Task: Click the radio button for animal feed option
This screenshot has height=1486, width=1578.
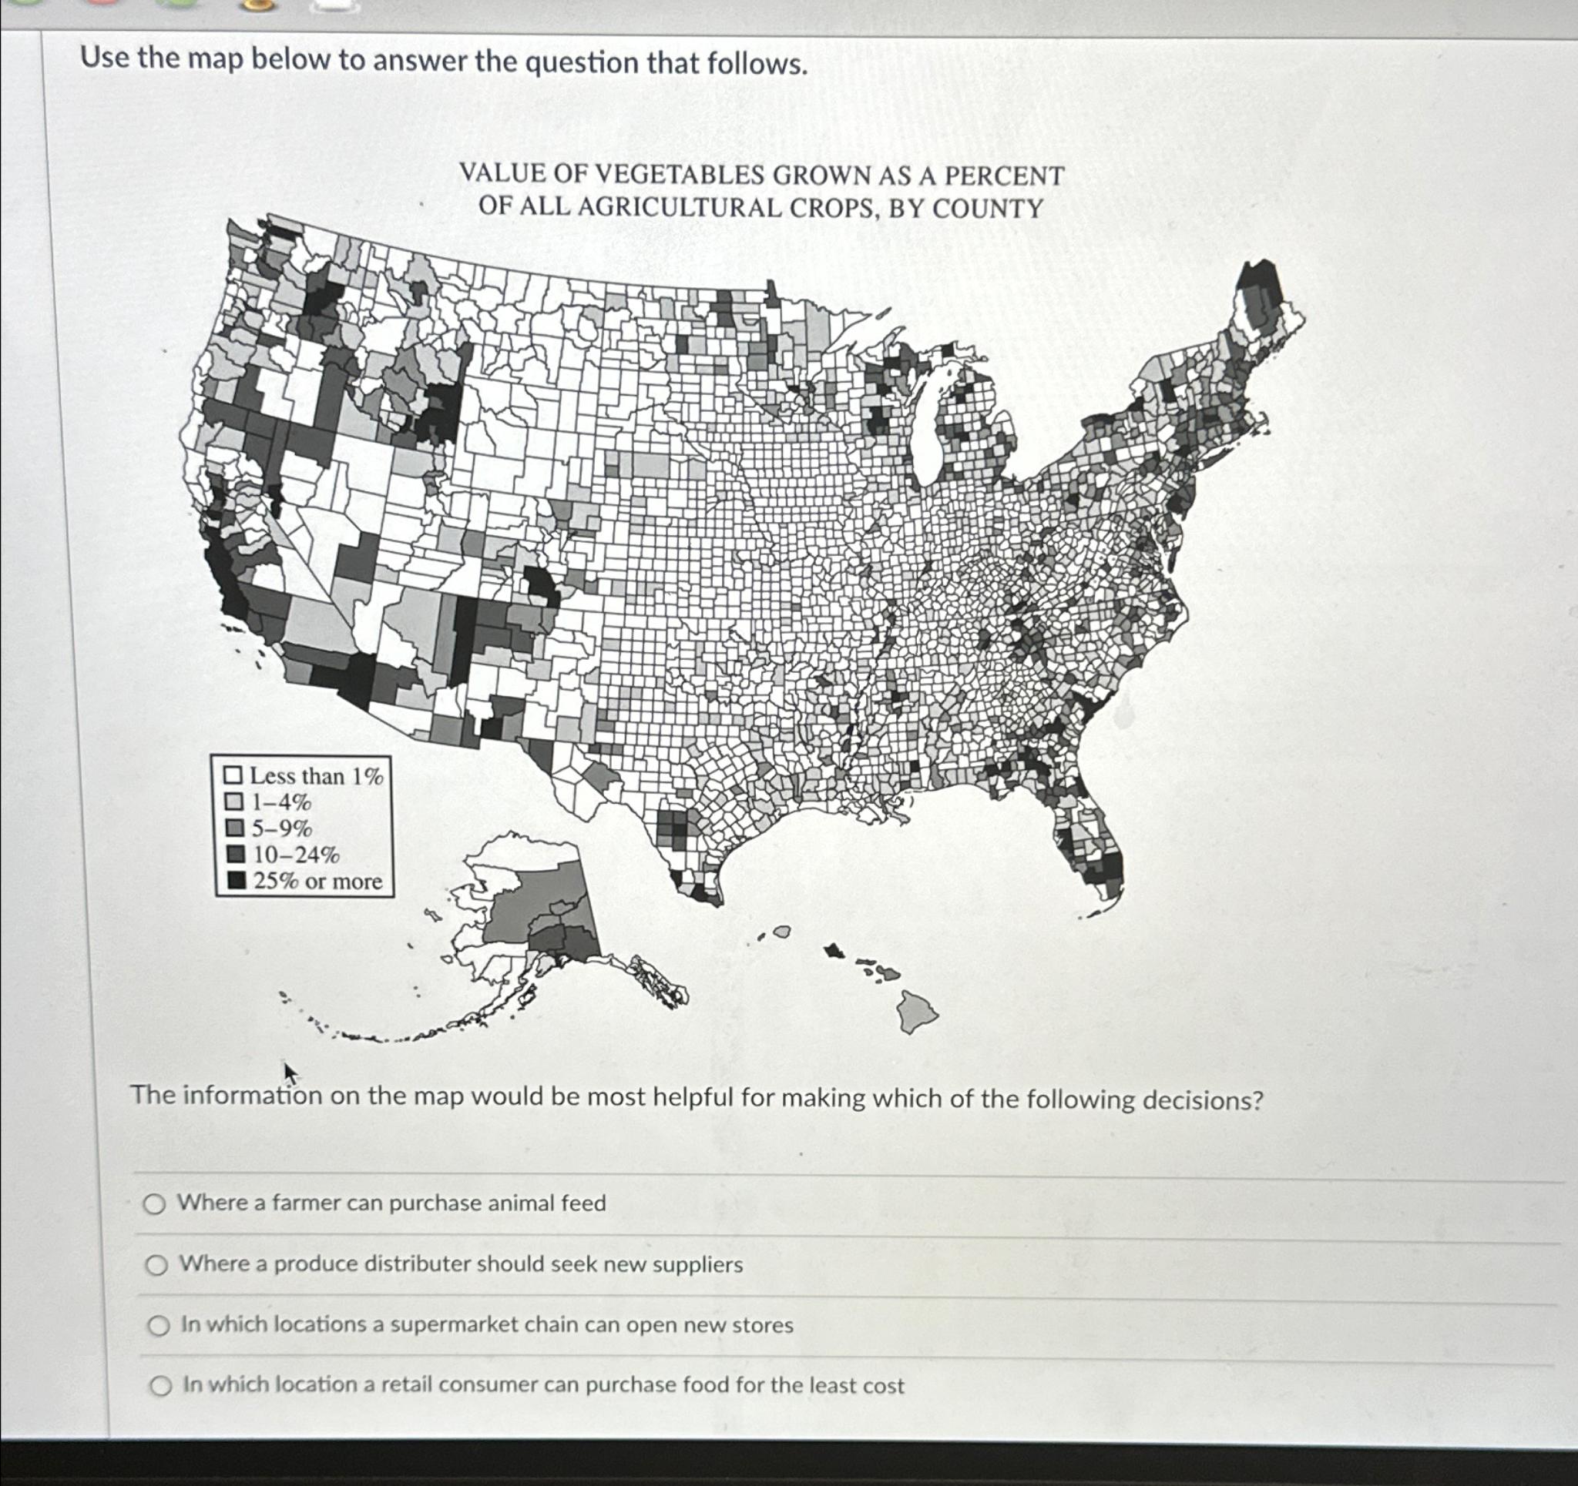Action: (155, 1205)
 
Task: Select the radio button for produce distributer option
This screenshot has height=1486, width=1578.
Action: (156, 1267)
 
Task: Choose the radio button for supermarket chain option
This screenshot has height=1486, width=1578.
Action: (159, 1326)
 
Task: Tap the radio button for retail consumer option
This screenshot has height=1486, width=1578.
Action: (161, 1387)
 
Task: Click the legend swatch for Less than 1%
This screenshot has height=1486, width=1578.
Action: (233, 775)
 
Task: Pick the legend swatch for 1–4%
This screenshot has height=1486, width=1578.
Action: (233, 802)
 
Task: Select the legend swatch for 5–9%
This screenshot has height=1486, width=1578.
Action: (234, 828)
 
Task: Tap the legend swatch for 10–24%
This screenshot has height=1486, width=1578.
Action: (235, 855)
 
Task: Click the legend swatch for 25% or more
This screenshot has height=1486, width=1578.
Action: (236, 881)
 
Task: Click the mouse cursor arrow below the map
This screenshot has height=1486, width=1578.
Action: (290, 1073)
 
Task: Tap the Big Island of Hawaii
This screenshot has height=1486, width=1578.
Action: (916, 1012)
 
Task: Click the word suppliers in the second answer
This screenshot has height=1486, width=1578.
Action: (695, 1265)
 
